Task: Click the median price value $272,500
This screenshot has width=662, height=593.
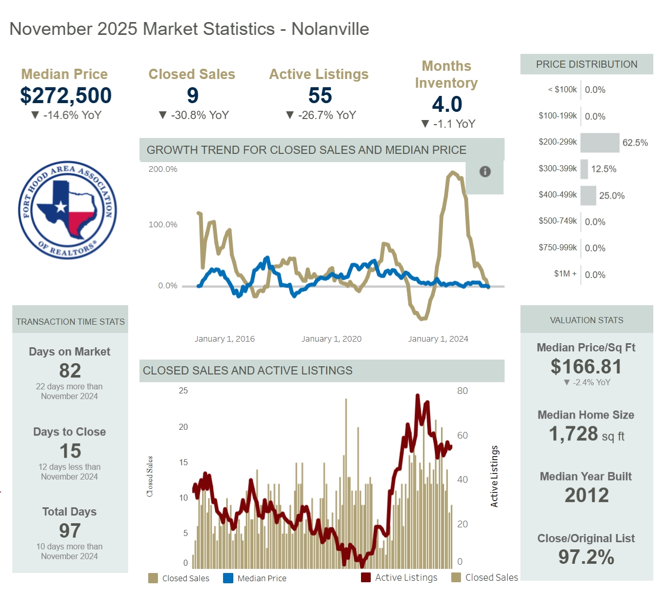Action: point(66,95)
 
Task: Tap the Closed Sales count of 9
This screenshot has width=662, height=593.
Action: point(192,95)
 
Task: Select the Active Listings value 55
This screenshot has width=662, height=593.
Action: point(320,95)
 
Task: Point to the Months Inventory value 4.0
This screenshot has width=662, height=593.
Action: point(447,104)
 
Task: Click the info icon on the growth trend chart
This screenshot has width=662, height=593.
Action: point(485,172)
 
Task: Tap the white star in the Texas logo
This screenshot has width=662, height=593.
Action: point(62,207)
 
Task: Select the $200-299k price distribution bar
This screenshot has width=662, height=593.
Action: point(599,143)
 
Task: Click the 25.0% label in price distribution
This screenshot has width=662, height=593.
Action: point(612,195)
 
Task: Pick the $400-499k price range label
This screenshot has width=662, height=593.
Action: point(557,195)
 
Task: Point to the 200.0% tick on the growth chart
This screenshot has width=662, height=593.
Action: point(163,169)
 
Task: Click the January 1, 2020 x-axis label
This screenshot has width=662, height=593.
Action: point(331,339)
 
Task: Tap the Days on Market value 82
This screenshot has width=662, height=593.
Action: point(70,370)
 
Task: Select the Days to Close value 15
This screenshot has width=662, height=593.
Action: point(70,451)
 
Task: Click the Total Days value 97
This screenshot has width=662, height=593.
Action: point(70,530)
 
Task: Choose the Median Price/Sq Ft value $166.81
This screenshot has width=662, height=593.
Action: point(586,366)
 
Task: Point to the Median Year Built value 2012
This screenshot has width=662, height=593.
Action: point(587,495)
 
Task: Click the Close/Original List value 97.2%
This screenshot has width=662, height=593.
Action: point(586,557)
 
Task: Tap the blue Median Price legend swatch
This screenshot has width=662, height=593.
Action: point(228,578)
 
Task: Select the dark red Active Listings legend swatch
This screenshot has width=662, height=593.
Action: point(366,578)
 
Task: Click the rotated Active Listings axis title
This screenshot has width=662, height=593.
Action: point(494,476)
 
